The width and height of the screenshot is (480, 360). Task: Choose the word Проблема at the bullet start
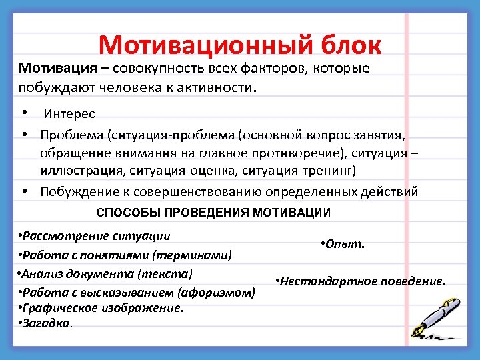[71, 136]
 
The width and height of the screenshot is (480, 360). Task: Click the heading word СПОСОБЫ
[127, 213]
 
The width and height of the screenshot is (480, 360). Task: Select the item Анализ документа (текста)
[105, 273]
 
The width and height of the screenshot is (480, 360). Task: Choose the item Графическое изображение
[102, 307]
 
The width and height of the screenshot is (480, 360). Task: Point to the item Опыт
[343, 245]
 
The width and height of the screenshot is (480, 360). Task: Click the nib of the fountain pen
[419, 332]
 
